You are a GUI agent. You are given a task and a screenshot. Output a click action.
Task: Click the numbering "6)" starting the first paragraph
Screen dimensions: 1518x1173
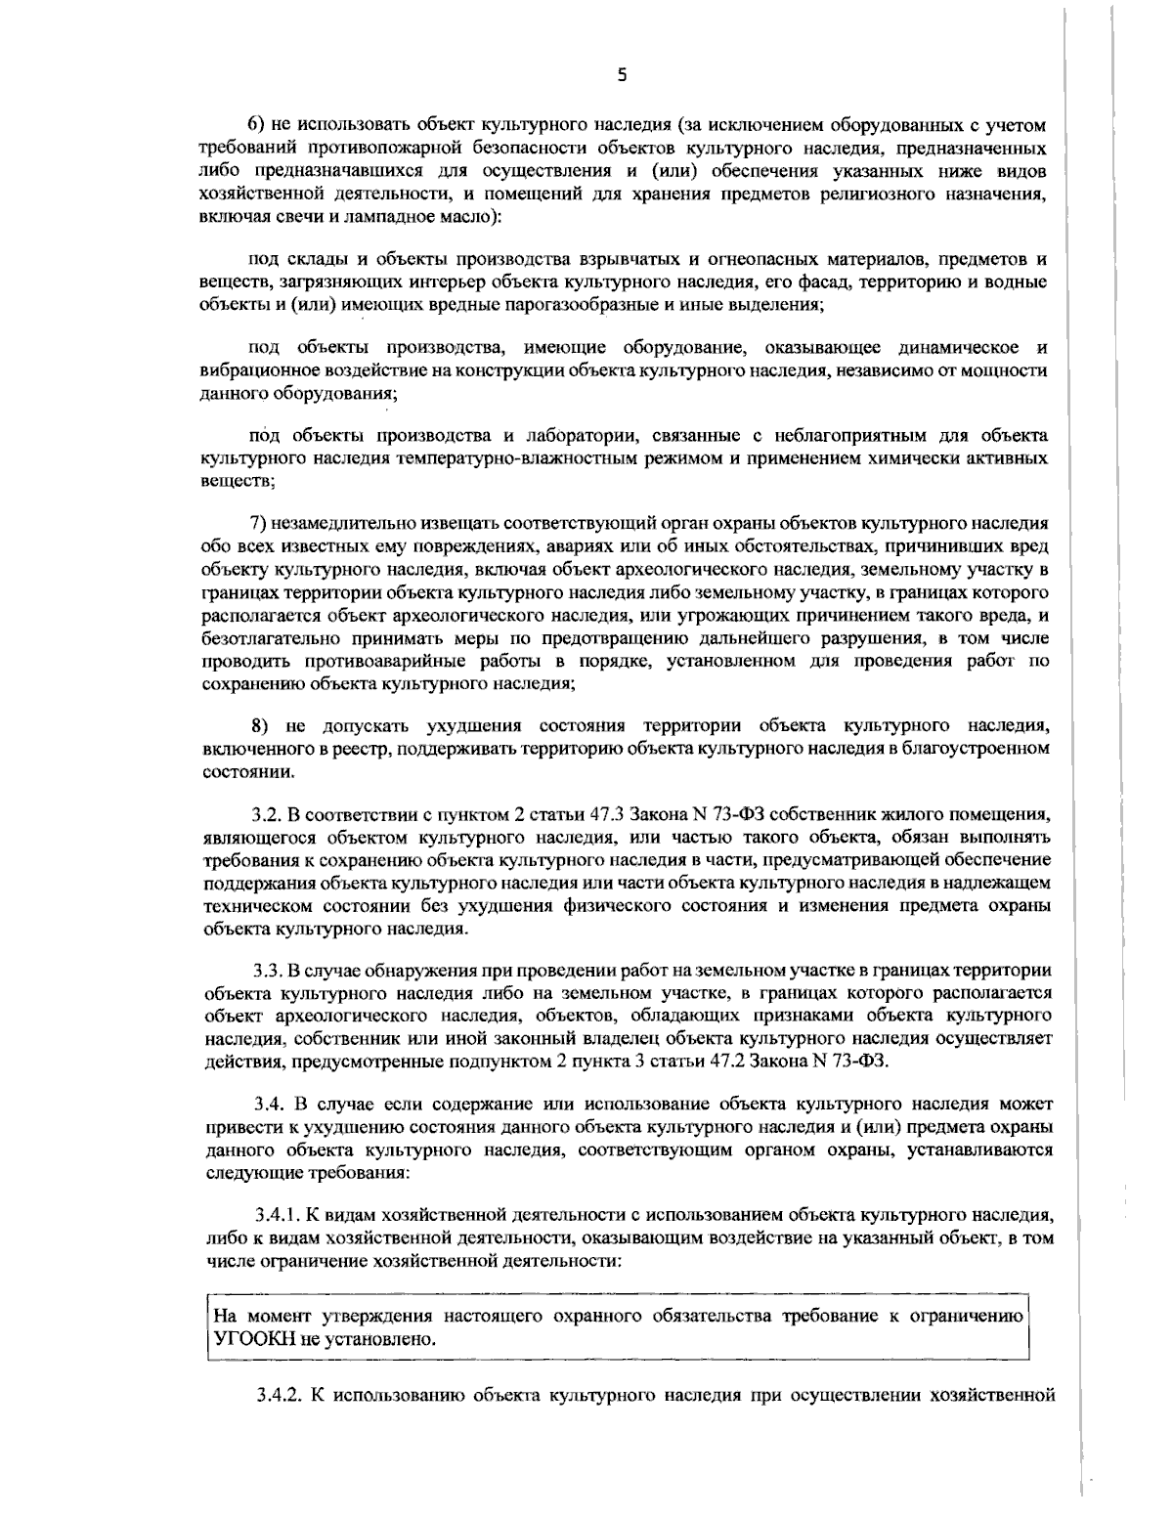click(256, 125)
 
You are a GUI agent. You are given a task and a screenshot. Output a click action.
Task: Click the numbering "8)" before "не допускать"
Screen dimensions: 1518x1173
click(260, 726)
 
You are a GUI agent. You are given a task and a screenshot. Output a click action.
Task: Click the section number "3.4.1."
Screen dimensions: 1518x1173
click(276, 1216)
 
